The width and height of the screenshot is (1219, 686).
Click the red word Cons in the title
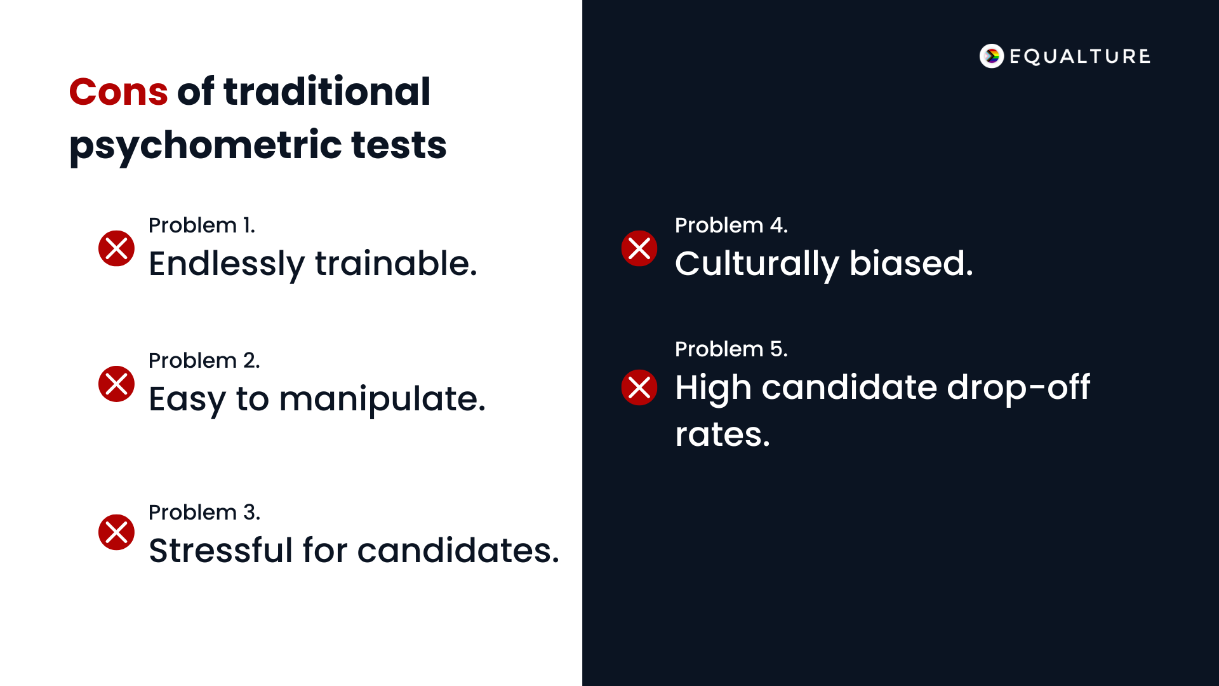click(x=118, y=91)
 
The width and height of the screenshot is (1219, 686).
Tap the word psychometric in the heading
click(x=206, y=145)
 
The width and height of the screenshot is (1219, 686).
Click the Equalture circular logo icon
click(x=991, y=56)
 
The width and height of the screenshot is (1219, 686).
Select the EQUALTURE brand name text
click(x=1079, y=57)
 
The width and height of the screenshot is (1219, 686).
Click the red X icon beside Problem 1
click(x=116, y=248)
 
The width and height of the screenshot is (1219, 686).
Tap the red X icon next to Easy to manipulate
click(x=116, y=384)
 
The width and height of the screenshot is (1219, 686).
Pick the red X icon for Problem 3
click(x=116, y=532)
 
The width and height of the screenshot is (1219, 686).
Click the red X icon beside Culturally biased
click(x=639, y=248)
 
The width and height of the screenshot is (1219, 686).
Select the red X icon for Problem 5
click(x=639, y=387)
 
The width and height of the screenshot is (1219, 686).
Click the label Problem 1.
click(x=201, y=225)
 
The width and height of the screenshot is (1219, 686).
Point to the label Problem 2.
click(x=204, y=361)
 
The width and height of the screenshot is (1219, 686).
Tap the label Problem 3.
click(x=204, y=513)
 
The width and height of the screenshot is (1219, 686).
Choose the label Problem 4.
click(x=731, y=225)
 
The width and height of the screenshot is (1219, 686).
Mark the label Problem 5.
click(x=731, y=349)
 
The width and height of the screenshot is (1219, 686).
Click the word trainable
click(x=396, y=264)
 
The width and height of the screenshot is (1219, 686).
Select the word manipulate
click(x=382, y=400)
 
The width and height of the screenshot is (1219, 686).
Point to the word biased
click(x=910, y=264)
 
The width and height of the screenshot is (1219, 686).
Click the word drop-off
click(x=1018, y=387)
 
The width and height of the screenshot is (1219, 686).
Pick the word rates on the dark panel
click(x=722, y=435)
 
